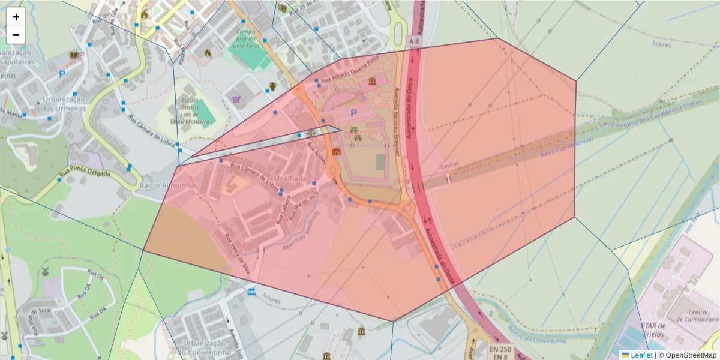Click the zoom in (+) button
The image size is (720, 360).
click(x=16, y=17)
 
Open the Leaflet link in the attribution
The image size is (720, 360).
click(x=641, y=355)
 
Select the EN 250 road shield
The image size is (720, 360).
click(x=500, y=349)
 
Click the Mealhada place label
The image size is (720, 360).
click(x=290, y=179)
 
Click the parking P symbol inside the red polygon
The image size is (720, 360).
click(x=353, y=113)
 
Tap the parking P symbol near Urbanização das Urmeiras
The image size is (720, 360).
click(x=62, y=74)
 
